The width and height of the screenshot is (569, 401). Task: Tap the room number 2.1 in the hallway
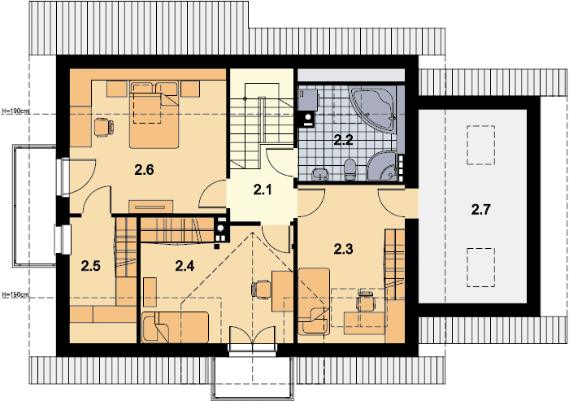[x=262, y=191]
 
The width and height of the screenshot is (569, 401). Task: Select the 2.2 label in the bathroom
[x=343, y=139]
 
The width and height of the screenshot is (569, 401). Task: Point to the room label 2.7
[x=480, y=211]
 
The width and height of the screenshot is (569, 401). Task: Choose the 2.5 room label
[x=90, y=264]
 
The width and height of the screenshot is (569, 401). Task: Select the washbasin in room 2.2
[x=319, y=172]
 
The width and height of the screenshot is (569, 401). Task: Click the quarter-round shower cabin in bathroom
[x=385, y=165]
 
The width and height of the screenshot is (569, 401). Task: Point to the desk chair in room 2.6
[x=102, y=126]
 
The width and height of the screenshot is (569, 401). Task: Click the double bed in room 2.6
[x=154, y=116]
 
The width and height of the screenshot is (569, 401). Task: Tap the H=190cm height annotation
[x=15, y=110]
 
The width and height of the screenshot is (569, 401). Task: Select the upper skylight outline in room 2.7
[x=480, y=143]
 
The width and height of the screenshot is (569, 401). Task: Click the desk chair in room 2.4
[x=262, y=288]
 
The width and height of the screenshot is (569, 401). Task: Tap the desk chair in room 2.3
[x=365, y=302]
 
